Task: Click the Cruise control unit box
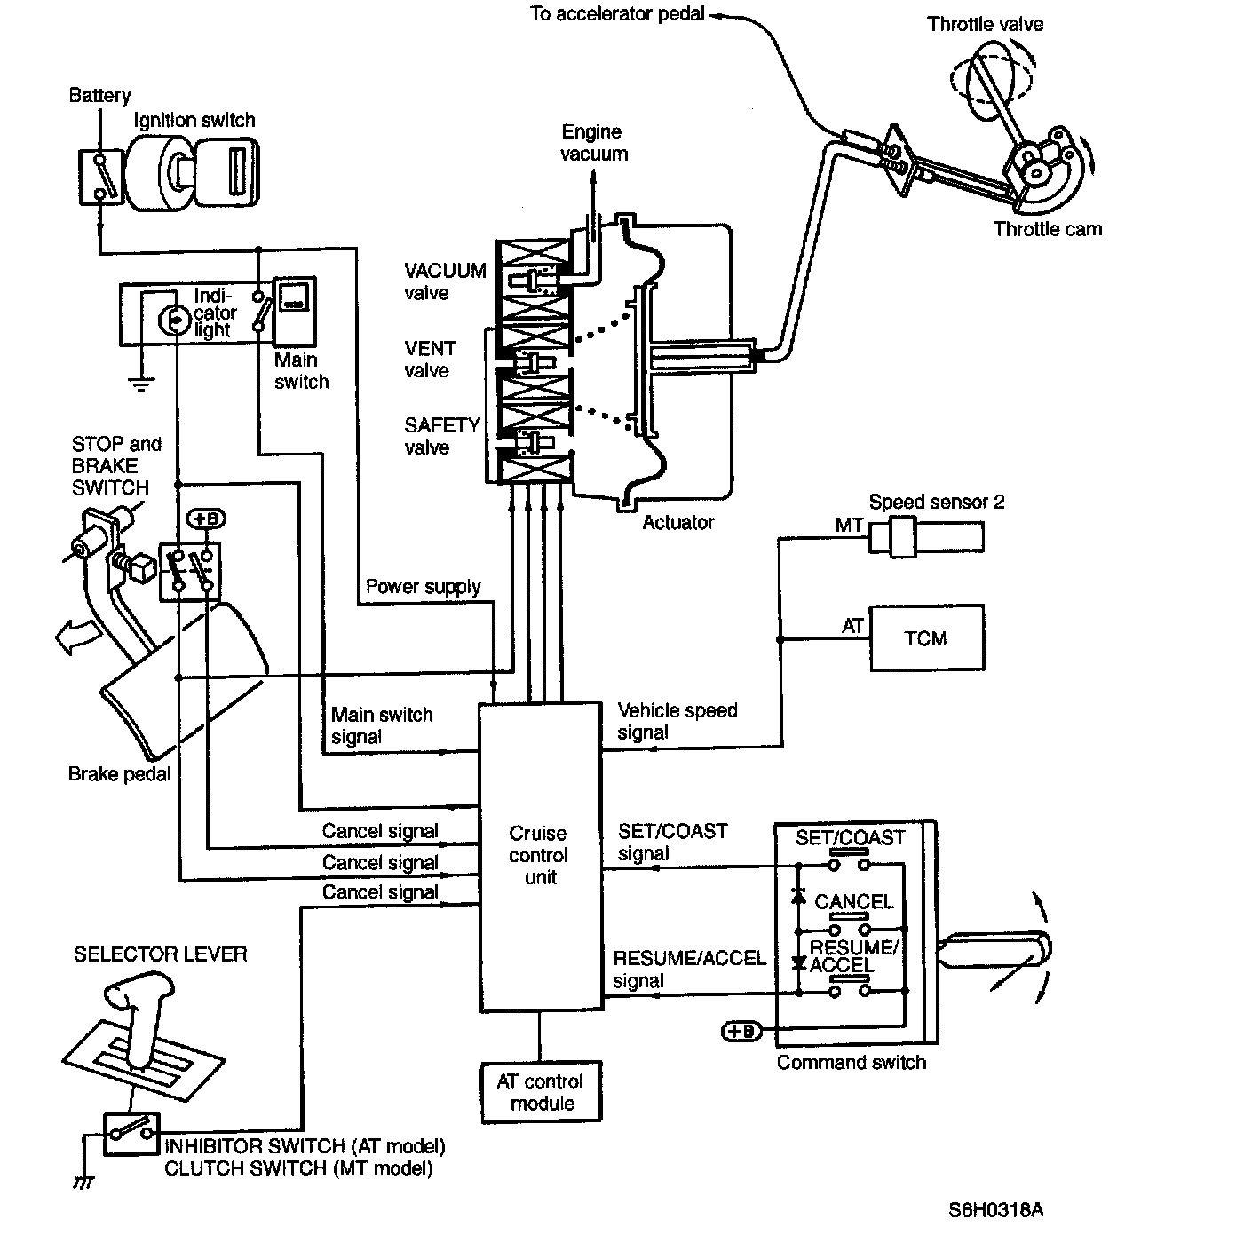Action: (540, 857)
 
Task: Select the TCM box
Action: (926, 638)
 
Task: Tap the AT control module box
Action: (540, 1092)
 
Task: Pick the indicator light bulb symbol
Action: (172, 318)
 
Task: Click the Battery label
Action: (99, 95)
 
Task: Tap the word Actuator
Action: (678, 522)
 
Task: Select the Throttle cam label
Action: (1047, 229)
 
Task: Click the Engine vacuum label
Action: (593, 143)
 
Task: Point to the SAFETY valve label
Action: (441, 436)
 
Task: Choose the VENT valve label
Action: (430, 360)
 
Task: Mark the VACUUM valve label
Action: (445, 281)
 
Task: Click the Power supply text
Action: (423, 587)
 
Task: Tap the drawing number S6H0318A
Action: (995, 1209)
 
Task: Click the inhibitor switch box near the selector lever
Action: (131, 1133)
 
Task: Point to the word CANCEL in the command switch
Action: (853, 902)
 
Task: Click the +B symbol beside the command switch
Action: (741, 1031)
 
